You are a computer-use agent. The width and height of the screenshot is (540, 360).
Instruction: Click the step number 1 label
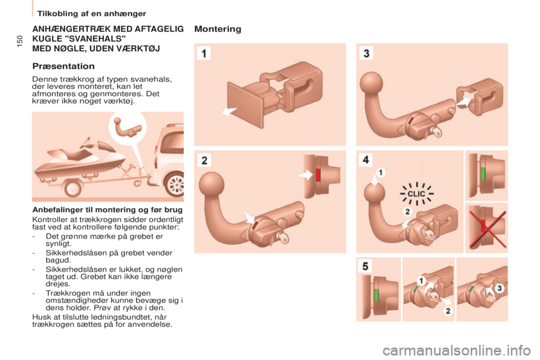pos(204,54)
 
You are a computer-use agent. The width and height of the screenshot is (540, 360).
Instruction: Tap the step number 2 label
pos(204,160)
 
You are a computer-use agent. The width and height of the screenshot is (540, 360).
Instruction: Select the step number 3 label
pos(366,53)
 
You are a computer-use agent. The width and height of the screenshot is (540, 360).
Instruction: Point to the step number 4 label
pos(366,160)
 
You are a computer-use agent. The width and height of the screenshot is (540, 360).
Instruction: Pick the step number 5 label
pos(366,266)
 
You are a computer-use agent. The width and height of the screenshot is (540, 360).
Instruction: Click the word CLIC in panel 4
pos(416,194)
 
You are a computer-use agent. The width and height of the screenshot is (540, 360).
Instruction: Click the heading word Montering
pos(218,29)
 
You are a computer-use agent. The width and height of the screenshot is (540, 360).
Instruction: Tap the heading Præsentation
pos(64,66)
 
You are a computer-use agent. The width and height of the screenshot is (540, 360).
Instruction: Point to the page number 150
pos(19,41)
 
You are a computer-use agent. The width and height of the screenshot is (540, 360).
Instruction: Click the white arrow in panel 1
pos(229,111)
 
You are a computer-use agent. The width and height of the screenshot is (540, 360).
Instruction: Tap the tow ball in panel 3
pos(371,83)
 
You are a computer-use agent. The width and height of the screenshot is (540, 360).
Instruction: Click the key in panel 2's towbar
pos(283,238)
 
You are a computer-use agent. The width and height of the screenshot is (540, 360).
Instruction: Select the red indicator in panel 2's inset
pos(318,175)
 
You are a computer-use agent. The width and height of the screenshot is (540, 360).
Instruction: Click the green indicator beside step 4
pos(483,173)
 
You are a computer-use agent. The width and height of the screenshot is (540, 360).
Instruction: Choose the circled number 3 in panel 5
pos(499,288)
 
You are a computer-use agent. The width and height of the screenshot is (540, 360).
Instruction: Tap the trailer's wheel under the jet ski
pos(73,188)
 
